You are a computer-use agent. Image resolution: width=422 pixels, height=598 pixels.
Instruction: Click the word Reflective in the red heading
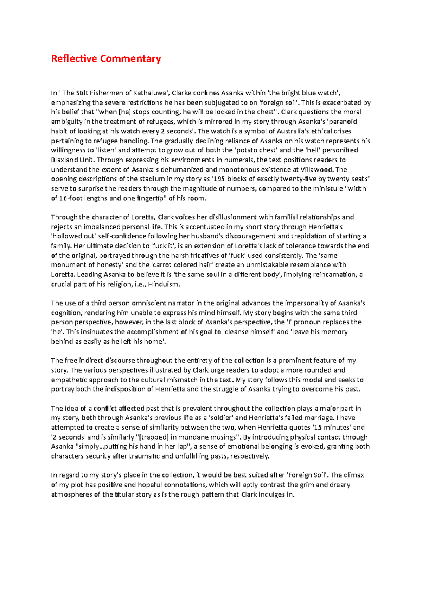tap(74, 58)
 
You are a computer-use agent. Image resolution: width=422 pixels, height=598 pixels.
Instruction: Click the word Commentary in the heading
tap(130, 58)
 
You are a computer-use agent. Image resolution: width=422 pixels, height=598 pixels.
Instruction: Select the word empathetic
tap(69, 380)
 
